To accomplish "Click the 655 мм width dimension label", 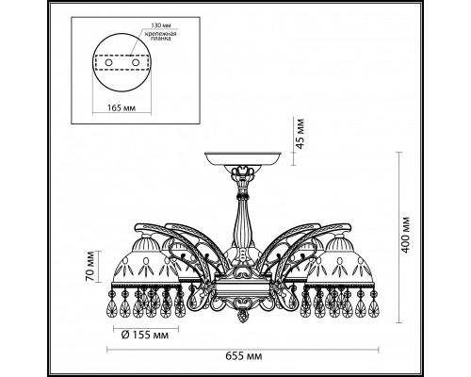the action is click(x=244, y=356).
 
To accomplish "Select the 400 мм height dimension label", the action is click(x=406, y=235).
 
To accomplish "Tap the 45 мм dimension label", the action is click(x=300, y=133).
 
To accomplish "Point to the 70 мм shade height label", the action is click(x=90, y=266).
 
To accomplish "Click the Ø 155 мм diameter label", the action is click(x=145, y=336).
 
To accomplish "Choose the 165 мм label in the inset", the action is click(x=122, y=108).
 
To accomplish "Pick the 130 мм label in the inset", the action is click(x=161, y=25).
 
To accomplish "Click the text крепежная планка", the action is click(x=160, y=36).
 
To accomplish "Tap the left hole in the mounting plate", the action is click(x=108, y=62).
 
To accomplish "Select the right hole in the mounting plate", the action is click(x=136, y=62).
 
